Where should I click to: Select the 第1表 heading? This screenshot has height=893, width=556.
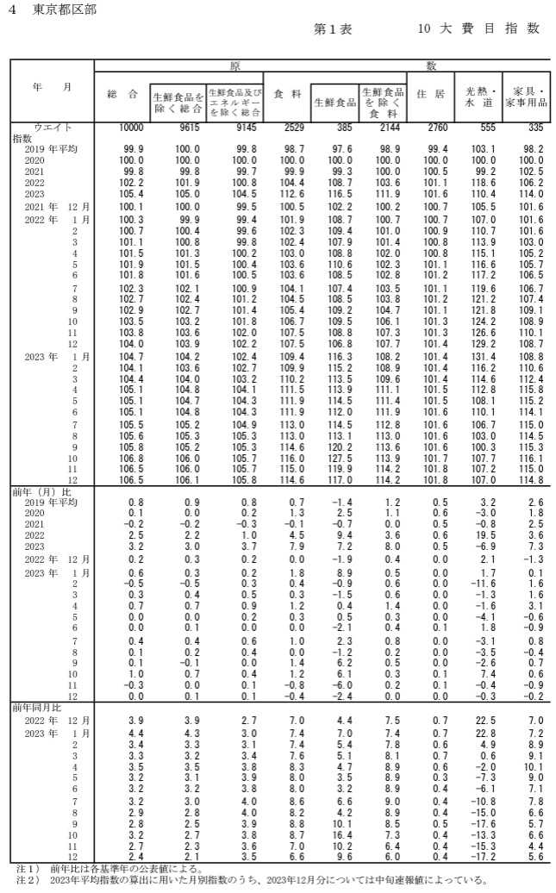(334, 28)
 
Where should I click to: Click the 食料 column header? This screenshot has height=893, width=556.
(287, 95)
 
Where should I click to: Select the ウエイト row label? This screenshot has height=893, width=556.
(51, 128)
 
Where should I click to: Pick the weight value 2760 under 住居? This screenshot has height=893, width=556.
(434, 128)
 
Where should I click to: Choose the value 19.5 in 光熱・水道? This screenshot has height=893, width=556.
(485, 534)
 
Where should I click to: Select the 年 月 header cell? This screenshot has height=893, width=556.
(51, 88)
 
